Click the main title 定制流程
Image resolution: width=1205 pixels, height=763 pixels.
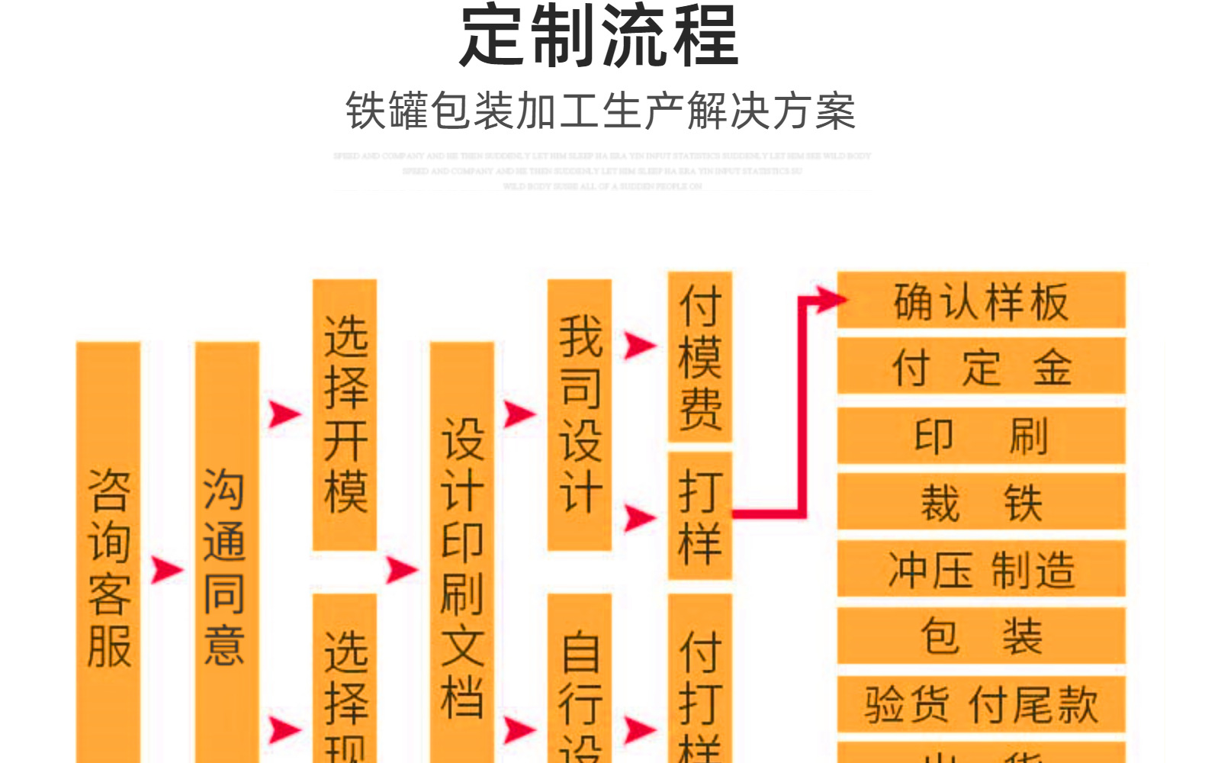(x=599, y=37)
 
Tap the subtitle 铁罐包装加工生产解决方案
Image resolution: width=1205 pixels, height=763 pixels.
(x=601, y=111)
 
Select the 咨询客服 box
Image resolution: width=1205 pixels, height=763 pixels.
(x=108, y=565)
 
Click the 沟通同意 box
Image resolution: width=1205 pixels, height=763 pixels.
(x=227, y=565)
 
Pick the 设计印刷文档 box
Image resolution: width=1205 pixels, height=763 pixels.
(x=462, y=565)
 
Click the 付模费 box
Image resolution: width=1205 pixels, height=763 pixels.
(x=700, y=356)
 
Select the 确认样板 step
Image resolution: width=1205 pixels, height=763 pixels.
(x=981, y=301)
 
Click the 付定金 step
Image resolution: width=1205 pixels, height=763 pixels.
(x=981, y=367)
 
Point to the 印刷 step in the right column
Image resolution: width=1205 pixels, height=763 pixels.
(x=981, y=436)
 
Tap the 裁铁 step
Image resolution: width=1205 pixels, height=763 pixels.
(x=981, y=502)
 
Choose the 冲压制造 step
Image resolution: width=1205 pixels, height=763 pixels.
(x=981, y=569)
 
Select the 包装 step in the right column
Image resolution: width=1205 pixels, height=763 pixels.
(x=981, y=636)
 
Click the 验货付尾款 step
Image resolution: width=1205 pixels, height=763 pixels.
(x=981, y=703)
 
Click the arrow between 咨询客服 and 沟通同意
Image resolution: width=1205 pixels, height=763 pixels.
(x=165, y=569)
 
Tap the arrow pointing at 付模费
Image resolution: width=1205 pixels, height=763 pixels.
(x=639, y=345)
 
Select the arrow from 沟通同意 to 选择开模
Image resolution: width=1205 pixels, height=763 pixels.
(x=284, y=414)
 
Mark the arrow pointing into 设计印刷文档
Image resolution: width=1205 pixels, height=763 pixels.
(x=401, y=569)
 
